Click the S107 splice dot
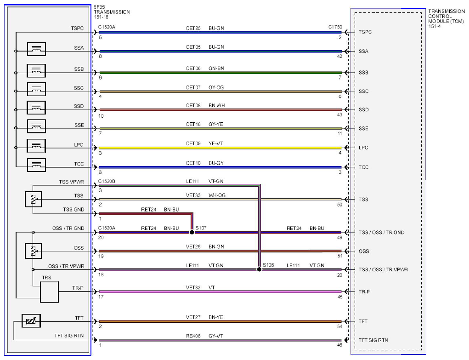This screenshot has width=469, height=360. tap(192, 232)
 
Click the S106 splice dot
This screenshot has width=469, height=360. tap(260, 269)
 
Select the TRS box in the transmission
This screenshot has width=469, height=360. tap(49, 292)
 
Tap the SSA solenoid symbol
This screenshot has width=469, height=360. tap(36, 49)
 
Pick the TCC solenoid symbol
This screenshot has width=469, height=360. tap(36, 165)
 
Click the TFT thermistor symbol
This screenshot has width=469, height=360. tap(31, 321)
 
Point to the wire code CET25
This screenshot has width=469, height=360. tap(193, 28)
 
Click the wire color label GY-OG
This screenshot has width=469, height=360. tap(216, 87)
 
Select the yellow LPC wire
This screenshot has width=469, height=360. tap(220, 148)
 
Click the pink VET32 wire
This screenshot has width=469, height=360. tap(220, 291)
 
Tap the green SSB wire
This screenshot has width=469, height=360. tap(220, 73)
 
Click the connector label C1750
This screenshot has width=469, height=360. tap(335, 27)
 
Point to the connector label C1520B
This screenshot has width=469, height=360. tap(107, 181)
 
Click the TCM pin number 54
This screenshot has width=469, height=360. tap(339, 326)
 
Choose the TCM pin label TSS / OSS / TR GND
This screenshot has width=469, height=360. tap(381, 232)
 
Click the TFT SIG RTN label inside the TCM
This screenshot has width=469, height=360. tap(373, 340)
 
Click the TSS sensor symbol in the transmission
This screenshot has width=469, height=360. tap(33, 199)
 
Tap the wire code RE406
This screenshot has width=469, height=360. tap(193, 336)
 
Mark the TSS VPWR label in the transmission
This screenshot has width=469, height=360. tap(72, 182)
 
